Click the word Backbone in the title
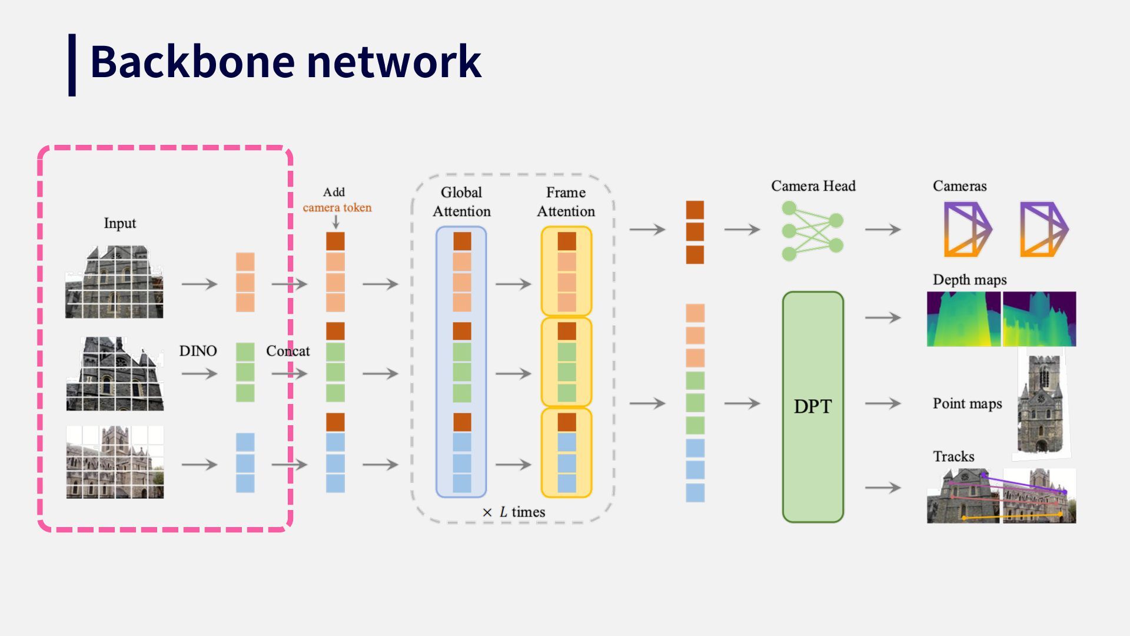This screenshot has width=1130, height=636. (x=192, y=61)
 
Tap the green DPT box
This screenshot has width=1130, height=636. (x=813, y=407)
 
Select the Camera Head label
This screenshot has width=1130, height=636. (x=813, y=186)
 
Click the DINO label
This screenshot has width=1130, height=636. (x=198, y=351)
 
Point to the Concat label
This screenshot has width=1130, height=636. (x=288, y=351)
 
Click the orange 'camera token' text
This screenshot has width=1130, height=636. (x=337, y=207)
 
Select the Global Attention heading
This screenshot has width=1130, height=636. (x=461, y=202)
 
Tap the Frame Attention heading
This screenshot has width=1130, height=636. (x=566, y=202)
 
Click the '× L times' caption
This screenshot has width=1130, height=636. (x=513, y=512)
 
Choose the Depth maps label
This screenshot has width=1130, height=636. (x=969, y=280)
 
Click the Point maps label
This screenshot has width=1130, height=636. (x=967, y=404)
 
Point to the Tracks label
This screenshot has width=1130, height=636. (x=953, y=456)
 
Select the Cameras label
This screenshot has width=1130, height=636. (x=959, y=186)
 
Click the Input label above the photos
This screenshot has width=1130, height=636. (x=119, y=223)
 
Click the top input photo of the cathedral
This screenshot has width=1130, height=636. (x=114, y=282)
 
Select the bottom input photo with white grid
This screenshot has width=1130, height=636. (x=115, y=462)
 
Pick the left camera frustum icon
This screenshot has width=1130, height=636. (x=968, y=230)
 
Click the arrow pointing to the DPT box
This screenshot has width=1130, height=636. (x=742, y=403)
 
